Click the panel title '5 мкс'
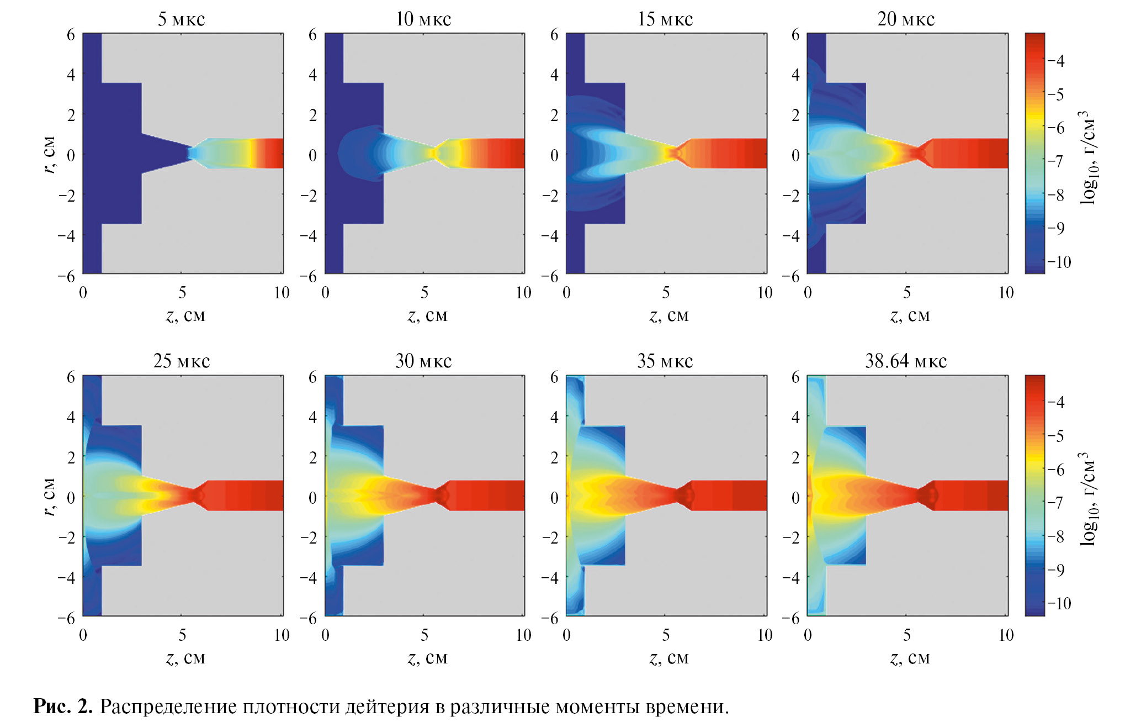pyautogui.click(x=181, y=19)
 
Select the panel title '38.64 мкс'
pyautogui.click(x=906, y=361)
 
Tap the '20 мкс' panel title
pyautogui.click(x=906, y=19)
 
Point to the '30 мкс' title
pyautogui.click(x=423, y=361)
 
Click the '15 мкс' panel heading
pyautogui.click(x=665, y=19)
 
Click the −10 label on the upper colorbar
pyautogui.click(x=1059, y=262)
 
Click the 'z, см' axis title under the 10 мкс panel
pyautogui.click(x=427, y=315)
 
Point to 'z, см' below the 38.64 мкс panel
pyautogui.click(x=910, y=658)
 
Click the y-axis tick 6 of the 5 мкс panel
pyautogui.click(x=71, y=35)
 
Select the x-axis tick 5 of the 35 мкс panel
pyautogui.click(x=666, y=635)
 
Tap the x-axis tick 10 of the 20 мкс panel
pyautogui.click(x=1006, y=293)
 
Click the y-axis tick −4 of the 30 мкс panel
pyautogui.click(x=309, y=578)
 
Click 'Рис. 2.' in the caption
pyautogui.click(x=63, y=707)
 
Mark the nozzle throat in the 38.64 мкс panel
pyautogui.click(x=920, y=496)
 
